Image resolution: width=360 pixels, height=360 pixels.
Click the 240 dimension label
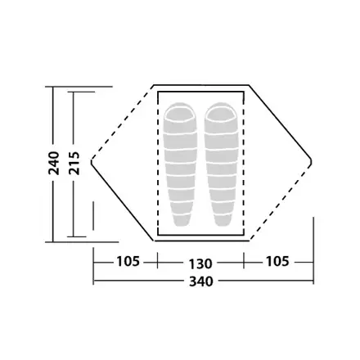(54, 163)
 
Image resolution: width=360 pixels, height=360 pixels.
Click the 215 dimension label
(74, 163)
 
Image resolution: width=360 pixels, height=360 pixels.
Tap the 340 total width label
(201, 281)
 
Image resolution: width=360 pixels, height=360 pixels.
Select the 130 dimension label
(200, 263)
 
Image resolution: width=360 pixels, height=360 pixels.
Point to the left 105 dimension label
(128, 261)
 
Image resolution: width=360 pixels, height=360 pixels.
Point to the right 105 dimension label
(277, 261)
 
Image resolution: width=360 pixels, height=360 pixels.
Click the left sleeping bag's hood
(180, 112)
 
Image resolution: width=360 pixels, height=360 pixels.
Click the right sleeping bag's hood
(221, 112)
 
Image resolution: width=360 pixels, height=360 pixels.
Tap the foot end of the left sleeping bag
(181, 220)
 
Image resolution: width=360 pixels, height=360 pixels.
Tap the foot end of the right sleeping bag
(223, 220)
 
